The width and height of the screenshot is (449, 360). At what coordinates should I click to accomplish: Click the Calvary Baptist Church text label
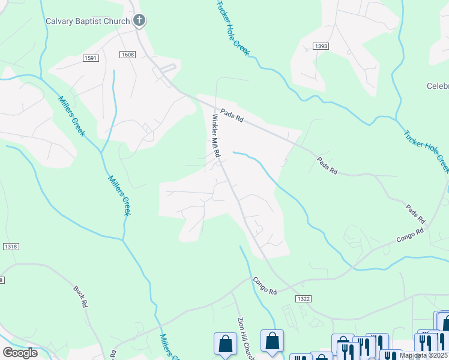[x=88, y=22]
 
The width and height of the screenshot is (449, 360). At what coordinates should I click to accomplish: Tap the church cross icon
[x=139, y=22]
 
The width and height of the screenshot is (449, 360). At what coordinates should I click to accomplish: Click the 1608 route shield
[x=128, y=55]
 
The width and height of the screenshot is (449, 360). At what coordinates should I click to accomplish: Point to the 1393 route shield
[x=321, y=46]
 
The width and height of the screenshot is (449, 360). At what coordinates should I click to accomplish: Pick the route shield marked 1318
[x=11, y=247]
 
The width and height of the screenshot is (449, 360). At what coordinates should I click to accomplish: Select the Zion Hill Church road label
[x=246, y=339]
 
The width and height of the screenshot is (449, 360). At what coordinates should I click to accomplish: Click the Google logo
[x=20, y=352]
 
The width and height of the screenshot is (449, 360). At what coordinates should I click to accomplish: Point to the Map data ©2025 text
[x=424, y=355]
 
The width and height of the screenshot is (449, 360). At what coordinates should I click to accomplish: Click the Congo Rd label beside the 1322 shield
[x=264, y=286]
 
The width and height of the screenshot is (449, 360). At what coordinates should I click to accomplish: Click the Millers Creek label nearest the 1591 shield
[x=71, y=116]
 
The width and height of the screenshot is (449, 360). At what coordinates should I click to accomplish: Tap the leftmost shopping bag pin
[x=225, y=344]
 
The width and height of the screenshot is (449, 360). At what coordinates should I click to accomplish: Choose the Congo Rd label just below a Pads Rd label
[x=410, y=235]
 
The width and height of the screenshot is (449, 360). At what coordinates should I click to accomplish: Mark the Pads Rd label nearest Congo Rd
[x=415, y=213]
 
